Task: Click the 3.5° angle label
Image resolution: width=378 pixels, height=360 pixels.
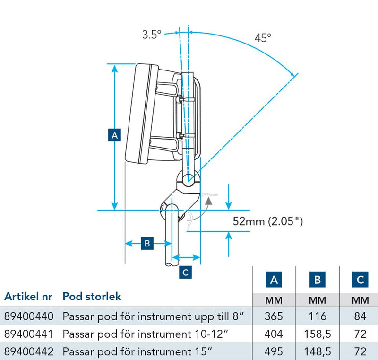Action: click(x=152, y=35)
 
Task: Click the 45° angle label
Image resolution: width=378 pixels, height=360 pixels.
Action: click(x=263, y=38)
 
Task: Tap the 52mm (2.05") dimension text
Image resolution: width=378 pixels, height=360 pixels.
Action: click(x=268, y=220)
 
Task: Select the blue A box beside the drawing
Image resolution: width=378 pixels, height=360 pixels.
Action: click(x=114, y=135)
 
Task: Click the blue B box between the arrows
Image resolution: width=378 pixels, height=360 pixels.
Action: click(x=147, y=244)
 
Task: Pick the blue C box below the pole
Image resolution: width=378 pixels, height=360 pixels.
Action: click(x=186, y=272)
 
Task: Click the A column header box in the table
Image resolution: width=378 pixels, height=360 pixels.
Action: click(x=274, y=280)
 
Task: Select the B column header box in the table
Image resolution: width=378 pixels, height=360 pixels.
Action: click(x=317, y=280)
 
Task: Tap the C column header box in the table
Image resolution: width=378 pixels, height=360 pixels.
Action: click(x=360, y=280)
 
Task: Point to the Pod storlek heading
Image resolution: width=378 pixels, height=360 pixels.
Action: click(x=92, y=297)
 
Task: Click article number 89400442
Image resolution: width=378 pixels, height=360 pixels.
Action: click(x=28, y=351)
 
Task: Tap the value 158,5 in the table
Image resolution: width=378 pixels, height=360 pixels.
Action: click(x=317, y=334)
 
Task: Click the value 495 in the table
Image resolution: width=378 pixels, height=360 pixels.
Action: click(x=274, y=351)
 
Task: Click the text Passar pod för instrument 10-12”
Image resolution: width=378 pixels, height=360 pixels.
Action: click(x=146, y=334)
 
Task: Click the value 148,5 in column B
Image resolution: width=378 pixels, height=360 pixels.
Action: click(x=317, y=351)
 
